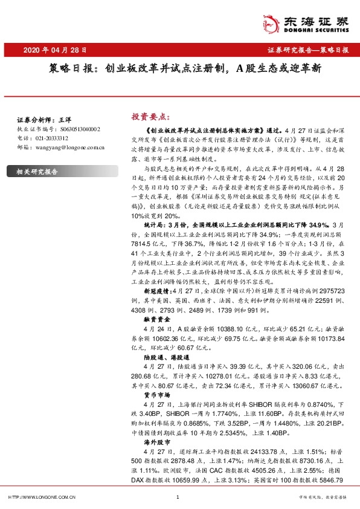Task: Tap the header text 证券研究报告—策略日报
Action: (308, 51)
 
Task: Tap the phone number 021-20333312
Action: (51, 138)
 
